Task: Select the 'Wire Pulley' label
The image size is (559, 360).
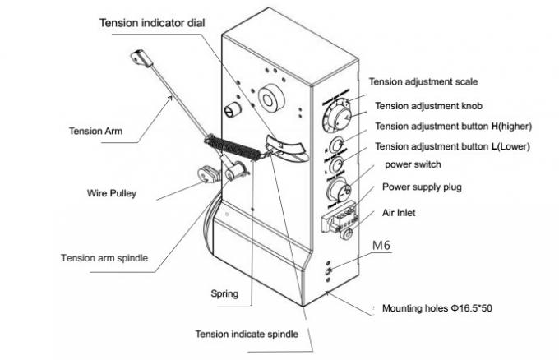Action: [x=112, y=194]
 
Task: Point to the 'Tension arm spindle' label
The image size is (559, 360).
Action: [x=104, y=257]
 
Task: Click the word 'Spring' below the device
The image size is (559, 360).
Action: [x=224, y=293]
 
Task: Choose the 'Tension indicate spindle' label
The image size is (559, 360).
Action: [x=246, y=334]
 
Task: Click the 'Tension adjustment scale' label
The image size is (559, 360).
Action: [x=423, y=81]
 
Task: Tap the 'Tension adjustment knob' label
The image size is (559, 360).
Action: [x=427, y=106]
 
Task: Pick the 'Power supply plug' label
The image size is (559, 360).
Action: [x=422, y=187]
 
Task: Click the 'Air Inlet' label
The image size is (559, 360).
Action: [x=401, y=212]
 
